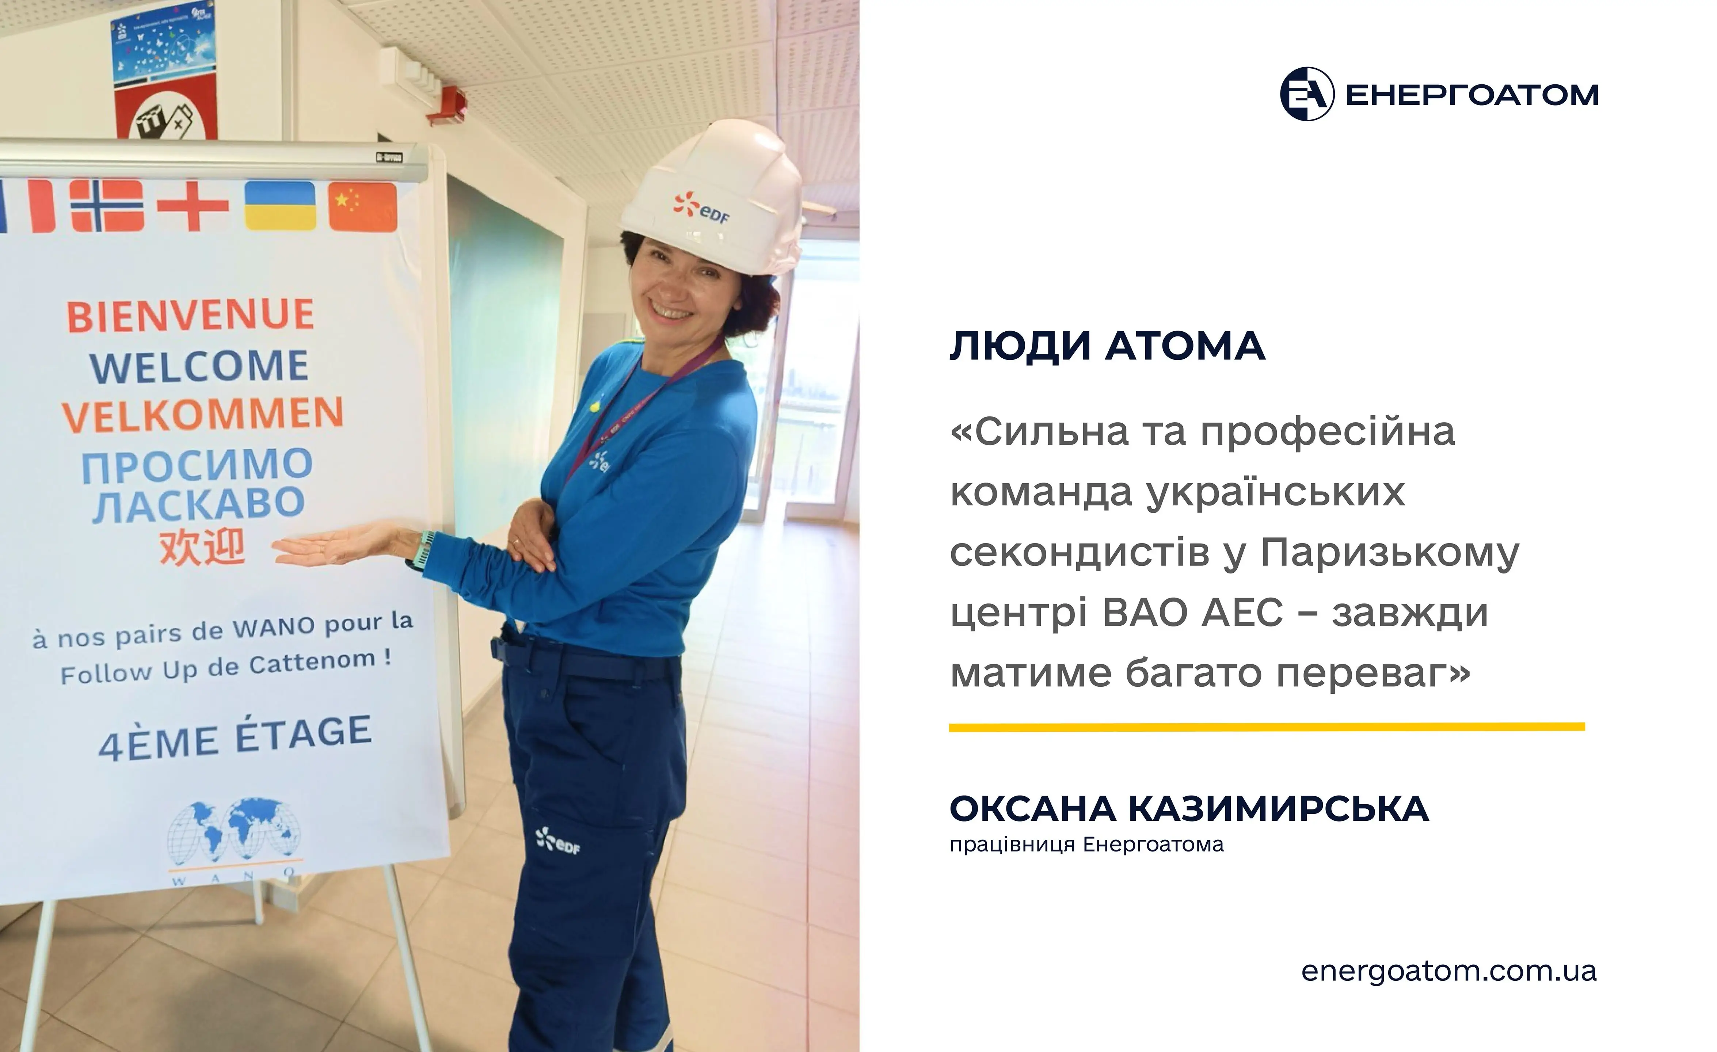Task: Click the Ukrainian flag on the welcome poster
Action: point(279,206)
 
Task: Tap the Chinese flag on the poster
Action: point(362,206)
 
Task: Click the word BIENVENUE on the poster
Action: point(190,316)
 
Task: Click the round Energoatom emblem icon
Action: point(1307,94)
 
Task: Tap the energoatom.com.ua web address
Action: point(1449,971)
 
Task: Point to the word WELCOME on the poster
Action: point(199,366)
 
